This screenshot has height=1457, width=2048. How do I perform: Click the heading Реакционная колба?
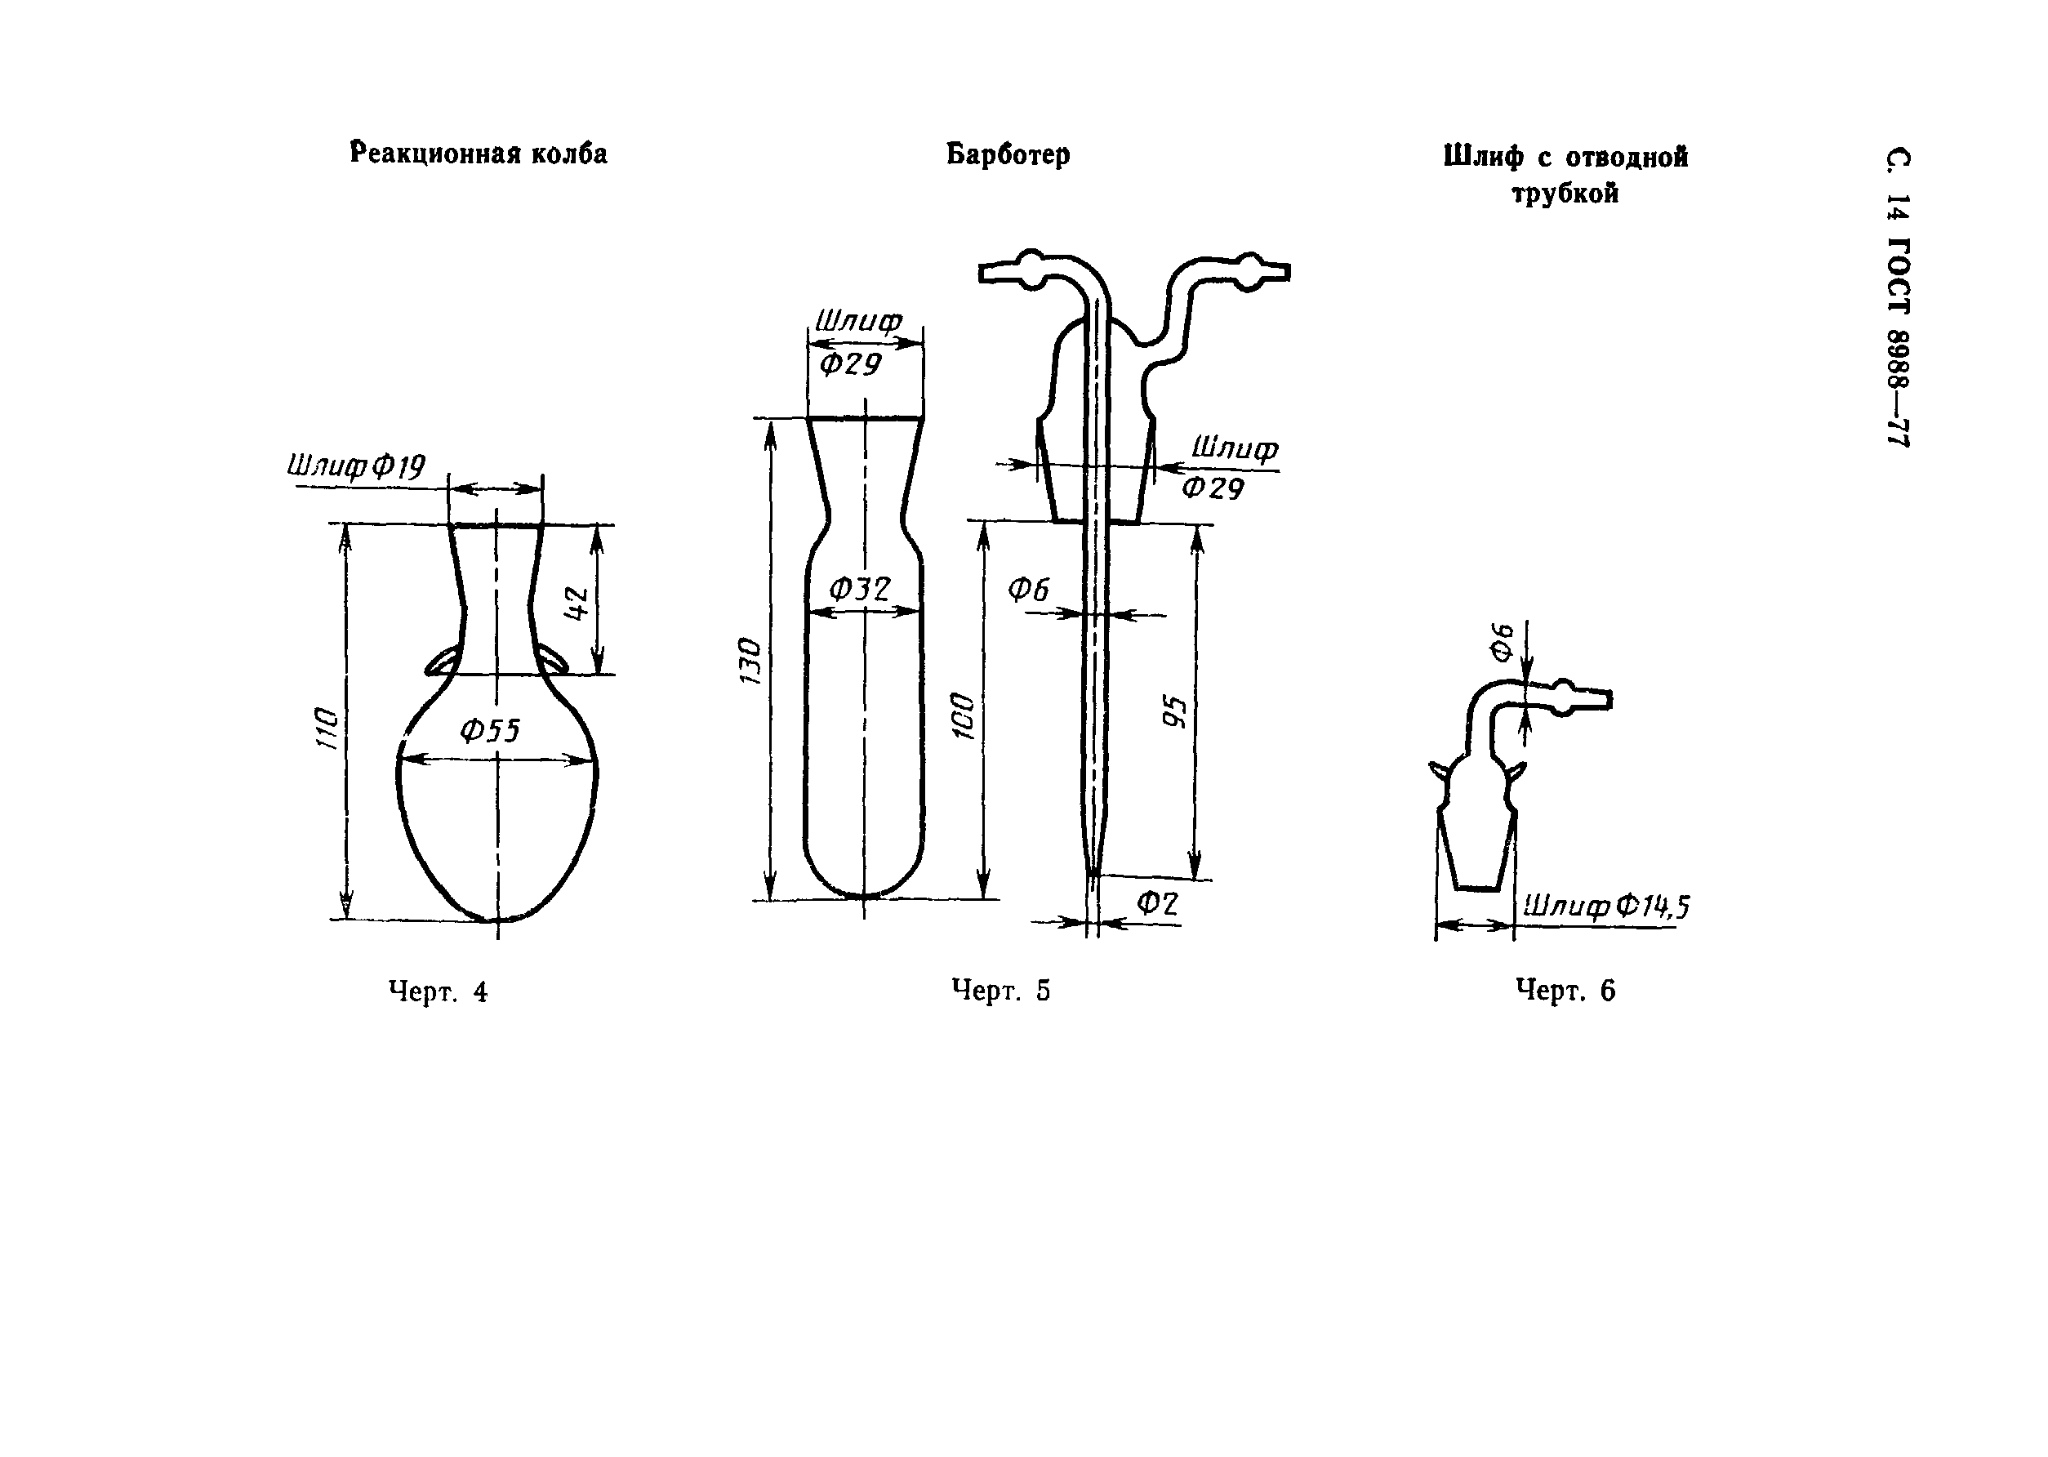click(x=479, y=154)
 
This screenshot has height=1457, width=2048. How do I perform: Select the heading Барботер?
click(x=1008, y=154)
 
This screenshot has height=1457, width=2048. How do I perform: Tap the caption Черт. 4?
click(x=438, y=991)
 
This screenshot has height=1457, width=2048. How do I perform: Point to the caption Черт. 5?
click(x=1000, y=991)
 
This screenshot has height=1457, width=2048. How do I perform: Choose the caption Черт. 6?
click(x=1565, y=991)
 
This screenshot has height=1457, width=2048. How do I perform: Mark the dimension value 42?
click(x=577, y=603)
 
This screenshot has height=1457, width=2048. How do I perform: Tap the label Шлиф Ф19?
click(x=356, y=466)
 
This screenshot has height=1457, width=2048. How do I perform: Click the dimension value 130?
click(x=750, y=662)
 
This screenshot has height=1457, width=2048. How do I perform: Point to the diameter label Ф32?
click(x=858, y=590)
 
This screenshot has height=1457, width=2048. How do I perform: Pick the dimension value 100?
click(x=963, y=715)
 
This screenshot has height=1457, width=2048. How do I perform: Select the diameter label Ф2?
click(x=1157, y=903)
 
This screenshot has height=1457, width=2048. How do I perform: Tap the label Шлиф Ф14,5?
click(x=1605, y=908)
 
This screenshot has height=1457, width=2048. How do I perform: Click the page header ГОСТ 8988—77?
click(x=1899, y=342)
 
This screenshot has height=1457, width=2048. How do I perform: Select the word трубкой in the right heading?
click(x=1565, y=194)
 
